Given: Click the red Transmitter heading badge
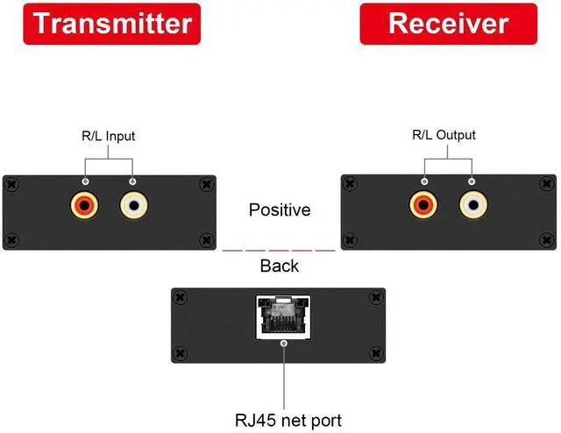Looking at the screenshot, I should [111, 23].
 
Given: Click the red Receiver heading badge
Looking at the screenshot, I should [448, 23].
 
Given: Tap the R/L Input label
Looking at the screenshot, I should [108, 136].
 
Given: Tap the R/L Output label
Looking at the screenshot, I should [444, 135].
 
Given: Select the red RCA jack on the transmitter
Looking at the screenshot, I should [85, 206].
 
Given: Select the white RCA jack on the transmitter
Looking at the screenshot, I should [132, 206].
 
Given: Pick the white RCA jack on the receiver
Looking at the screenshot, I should [472, 206].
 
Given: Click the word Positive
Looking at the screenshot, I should [280, 210].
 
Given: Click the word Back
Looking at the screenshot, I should [280, 266].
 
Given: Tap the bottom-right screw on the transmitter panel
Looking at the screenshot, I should [207, 238].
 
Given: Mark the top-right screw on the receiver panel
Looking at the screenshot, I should [545, 183].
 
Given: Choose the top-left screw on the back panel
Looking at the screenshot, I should [181, 296].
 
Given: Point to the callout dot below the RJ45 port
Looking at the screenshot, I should [282, 344].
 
